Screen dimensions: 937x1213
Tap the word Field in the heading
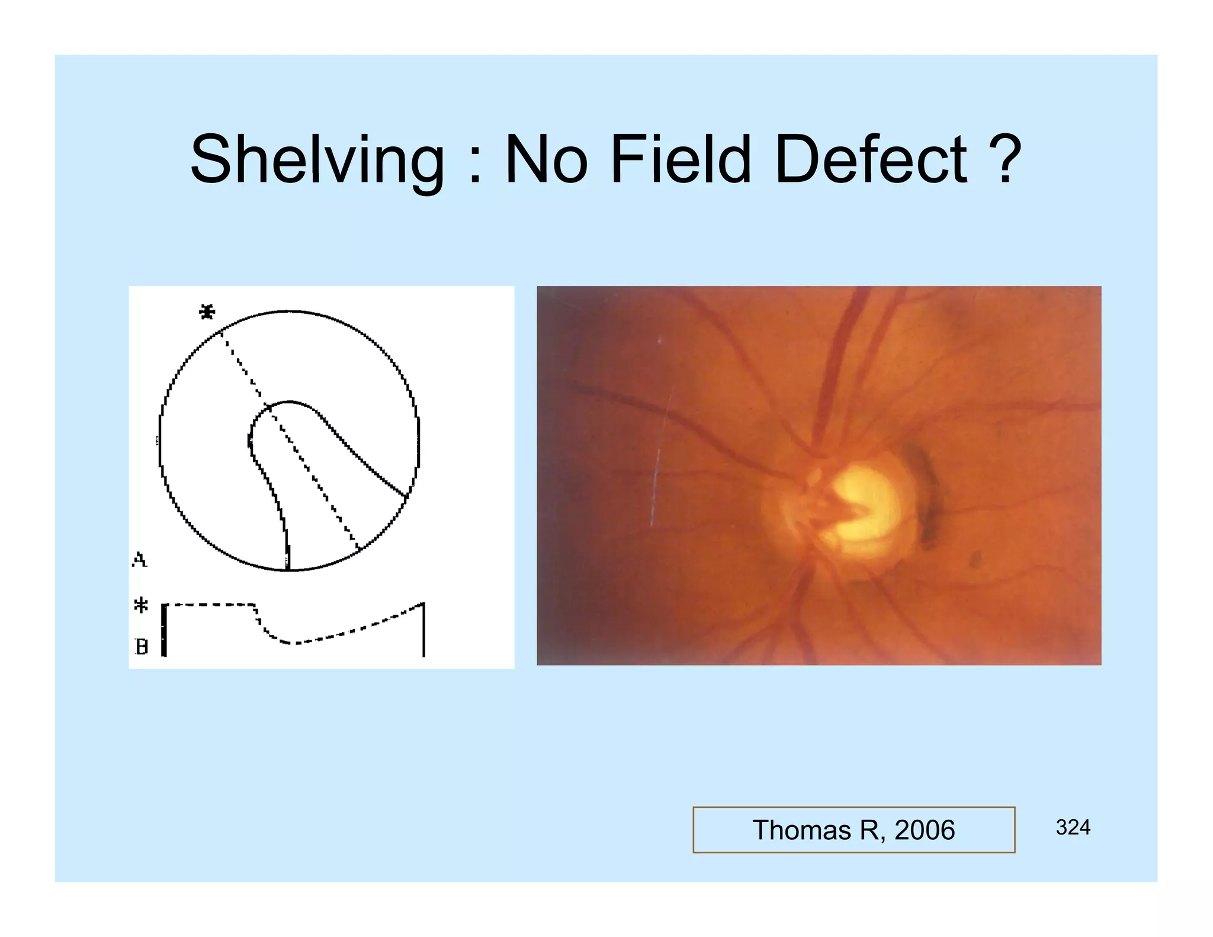pyautogui.click(x=680, y=159)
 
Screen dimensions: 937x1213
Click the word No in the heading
pyautogui.click(x=546, y=159)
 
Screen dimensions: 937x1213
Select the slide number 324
pyautogui.click(x=1073, y=827)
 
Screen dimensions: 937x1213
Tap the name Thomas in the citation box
pyautogui.click(x=802, y=830)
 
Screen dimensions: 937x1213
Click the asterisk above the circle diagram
pyautogui.click(x=207, y=312)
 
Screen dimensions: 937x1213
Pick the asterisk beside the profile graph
pyautogui.click(x=140, y=605)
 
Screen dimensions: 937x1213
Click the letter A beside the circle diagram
pyautogui.click(x=139, y=559)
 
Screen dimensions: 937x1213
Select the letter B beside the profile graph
pyautogui.click(x=141, y=646)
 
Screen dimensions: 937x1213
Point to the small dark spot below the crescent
pyautogui.click(x=975, y=559)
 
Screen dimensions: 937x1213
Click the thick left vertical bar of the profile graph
pyautogui.click(x=164, y=630)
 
